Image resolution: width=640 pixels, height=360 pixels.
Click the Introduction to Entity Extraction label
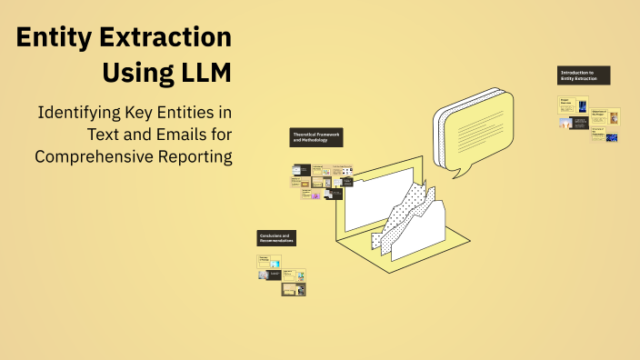click(x=583, y=75)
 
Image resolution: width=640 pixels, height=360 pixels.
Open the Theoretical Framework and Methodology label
click(x=316, y=137)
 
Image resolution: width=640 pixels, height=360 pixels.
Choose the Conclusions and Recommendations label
click(x=276, y=238)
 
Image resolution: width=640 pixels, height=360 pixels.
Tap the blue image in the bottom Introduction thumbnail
click(x=611, y=138)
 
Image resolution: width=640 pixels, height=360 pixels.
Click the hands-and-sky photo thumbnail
click(x=566, y=123)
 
